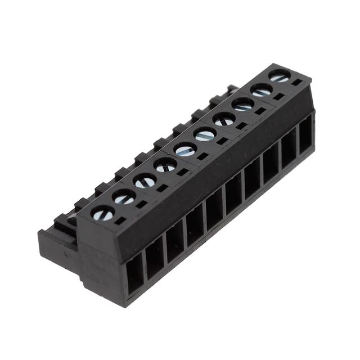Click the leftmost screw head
(x=103, y=213)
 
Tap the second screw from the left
(x=124, y=196)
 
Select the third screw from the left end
(x=145, y=181)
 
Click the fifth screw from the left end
(x=185, y=149)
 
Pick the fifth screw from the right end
(x=205, y=134)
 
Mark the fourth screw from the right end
(x=224, y=119)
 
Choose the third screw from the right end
(x=243, y=104)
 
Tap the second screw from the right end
(x=261, y=90)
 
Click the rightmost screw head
(x=279, y=75)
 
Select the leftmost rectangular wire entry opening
(x=135, y=274)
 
